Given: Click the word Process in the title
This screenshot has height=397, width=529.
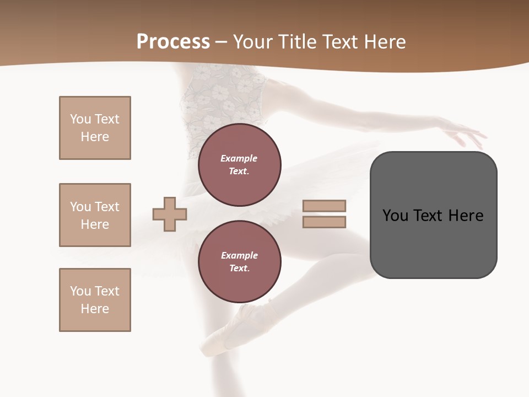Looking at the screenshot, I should coord(173,42).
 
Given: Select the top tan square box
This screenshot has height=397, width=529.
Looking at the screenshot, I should coord(95,128).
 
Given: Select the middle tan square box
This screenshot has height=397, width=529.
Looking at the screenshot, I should coord(95,215).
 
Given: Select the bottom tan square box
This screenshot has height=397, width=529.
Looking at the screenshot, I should coord(95,300).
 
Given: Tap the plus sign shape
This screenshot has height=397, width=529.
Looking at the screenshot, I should coord(170,214).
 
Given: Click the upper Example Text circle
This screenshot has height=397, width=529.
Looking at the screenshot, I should coord(240,165).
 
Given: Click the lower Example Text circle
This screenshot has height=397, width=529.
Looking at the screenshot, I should coord(240,262).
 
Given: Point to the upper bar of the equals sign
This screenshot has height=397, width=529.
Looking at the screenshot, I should coord(324,206).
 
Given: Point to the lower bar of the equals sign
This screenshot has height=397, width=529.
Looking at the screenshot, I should coord(324,222).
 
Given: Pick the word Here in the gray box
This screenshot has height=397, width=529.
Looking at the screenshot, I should coord(466,216).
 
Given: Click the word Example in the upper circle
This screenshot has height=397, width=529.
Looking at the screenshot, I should coord(239,158).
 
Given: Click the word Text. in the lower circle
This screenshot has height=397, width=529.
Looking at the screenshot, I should coord(239,269).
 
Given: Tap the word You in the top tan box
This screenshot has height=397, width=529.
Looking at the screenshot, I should coord(80,119).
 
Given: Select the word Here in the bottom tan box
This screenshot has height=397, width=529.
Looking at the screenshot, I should coord(95,309).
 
